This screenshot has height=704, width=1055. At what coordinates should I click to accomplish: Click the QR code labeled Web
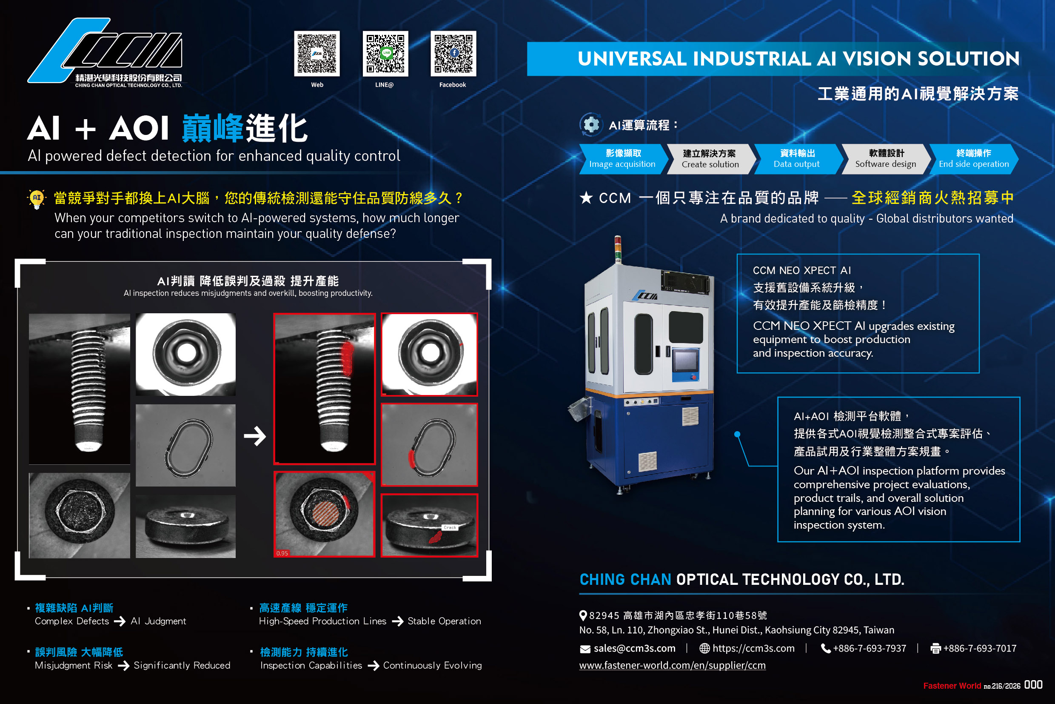point(317,54)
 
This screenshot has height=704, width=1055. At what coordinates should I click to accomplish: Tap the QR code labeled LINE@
point(385,54)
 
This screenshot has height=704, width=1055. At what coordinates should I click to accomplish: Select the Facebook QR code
point(453,54)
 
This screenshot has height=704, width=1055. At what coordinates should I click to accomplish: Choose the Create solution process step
point(710,158)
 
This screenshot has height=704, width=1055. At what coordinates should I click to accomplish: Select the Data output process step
point(796,158)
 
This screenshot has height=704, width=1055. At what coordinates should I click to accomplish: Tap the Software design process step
point(885,158)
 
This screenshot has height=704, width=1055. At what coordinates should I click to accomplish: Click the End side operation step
point(973,158)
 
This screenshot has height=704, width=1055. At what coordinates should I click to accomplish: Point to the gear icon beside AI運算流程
point(591,124)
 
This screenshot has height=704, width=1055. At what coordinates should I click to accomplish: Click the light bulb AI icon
point(37,198)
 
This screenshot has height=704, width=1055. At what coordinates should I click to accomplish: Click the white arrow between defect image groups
point(255,435)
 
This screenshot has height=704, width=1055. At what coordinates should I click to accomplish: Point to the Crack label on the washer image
point(450,527)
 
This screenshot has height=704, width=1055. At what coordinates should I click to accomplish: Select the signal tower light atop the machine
point(618,249)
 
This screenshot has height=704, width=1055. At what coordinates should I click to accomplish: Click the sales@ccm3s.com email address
point(634,648)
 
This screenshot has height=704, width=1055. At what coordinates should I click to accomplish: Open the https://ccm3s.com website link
point(753,648)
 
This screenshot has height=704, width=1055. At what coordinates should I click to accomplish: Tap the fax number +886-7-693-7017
point(979,648)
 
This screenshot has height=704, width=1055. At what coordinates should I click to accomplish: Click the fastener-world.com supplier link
point(672,665)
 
